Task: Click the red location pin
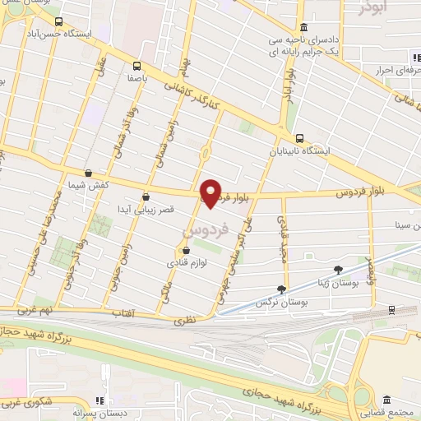211,192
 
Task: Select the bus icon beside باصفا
136,67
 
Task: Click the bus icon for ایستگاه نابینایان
300,138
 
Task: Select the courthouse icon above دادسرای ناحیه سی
303,26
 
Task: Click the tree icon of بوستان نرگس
283,289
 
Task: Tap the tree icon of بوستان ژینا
337,269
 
